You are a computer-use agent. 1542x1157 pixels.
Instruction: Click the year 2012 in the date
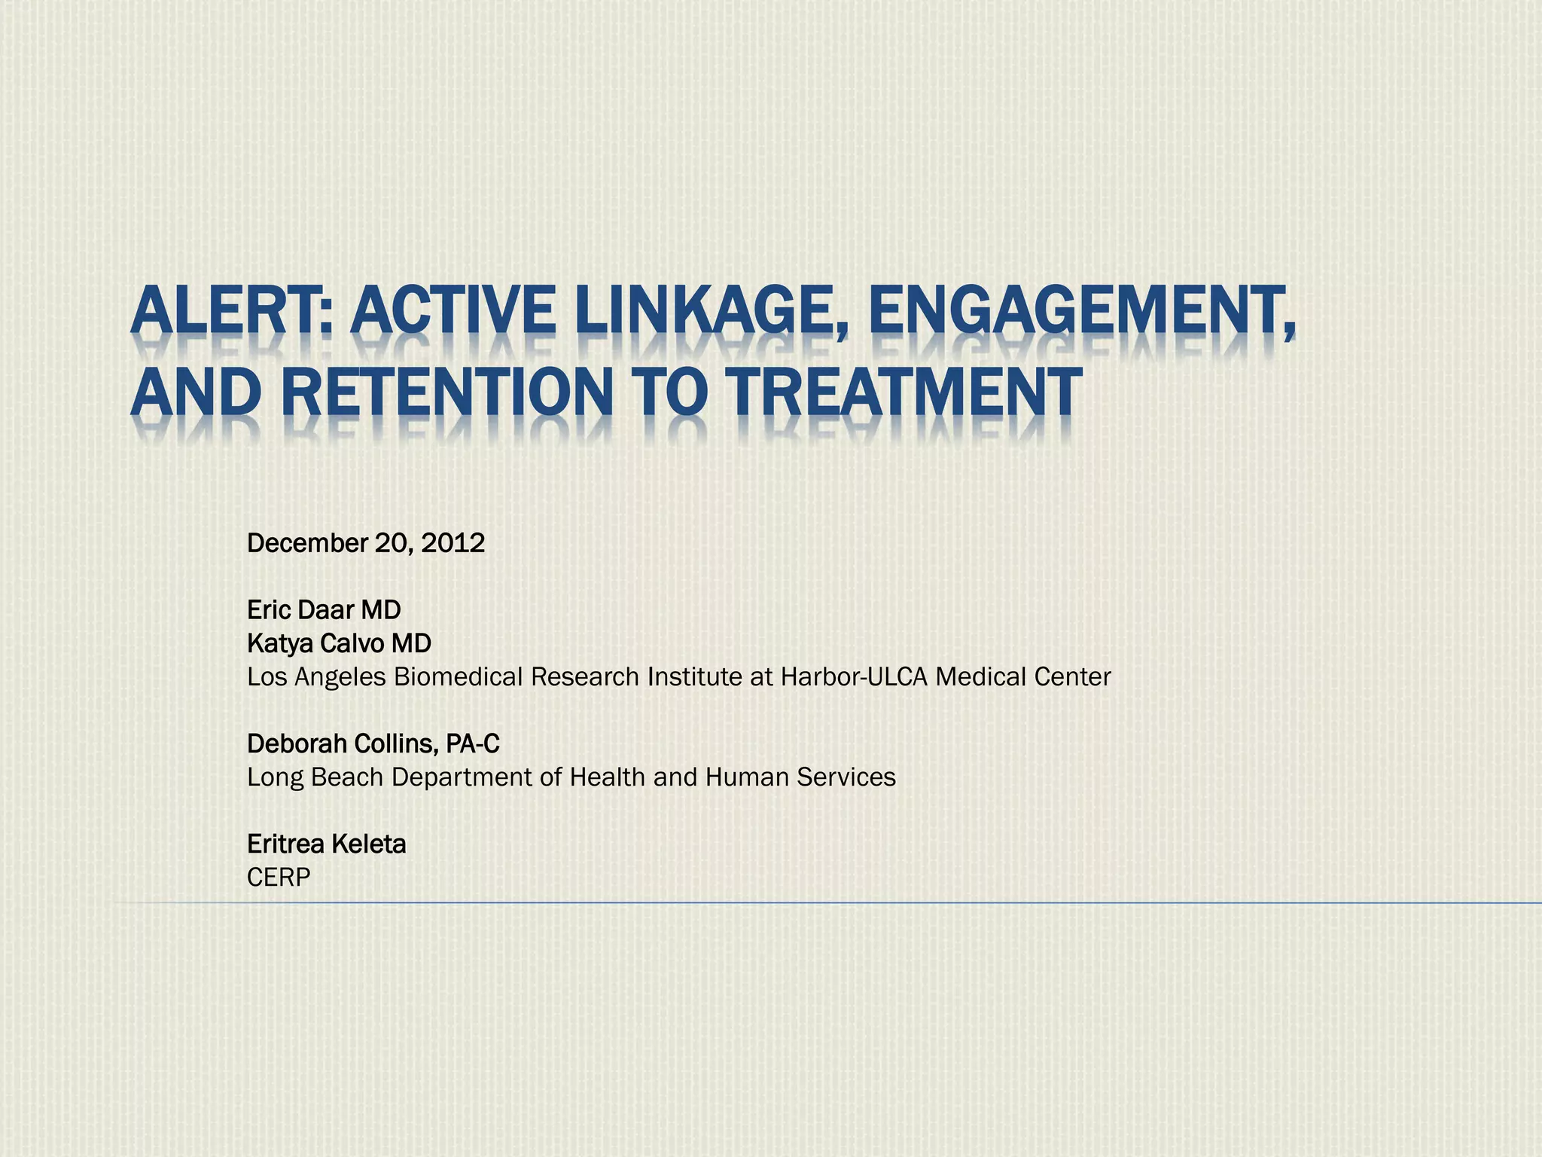(x=453, y=543)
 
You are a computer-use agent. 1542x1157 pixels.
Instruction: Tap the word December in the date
(x=306, y=543)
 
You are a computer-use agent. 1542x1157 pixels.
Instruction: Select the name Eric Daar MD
(x=324, y=609)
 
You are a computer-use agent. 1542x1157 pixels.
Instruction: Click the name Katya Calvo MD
(x=339, y=643)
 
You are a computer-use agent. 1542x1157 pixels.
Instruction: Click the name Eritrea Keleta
(x=326, y=844)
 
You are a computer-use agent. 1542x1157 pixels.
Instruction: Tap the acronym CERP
(x=279, y=878)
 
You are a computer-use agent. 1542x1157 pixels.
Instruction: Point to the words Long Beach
(x=315, y=777)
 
